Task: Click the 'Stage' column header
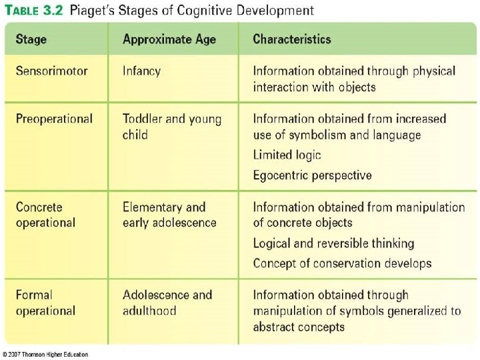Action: click(x=31, y=39)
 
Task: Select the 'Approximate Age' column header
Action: click(x=169, y=39)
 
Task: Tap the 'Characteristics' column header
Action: click(x=292, y=39)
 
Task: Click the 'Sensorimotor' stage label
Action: click(x=52, y=71)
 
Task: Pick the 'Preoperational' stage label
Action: click(x=54, y=119)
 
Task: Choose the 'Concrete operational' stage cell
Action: click(x=45, y=215)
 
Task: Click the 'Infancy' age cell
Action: click(x=141, y=71)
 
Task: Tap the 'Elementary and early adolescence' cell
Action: click(x=169, y=215)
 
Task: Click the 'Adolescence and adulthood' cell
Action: click(x=167, y=303)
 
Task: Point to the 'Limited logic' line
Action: click(x=287, y=155)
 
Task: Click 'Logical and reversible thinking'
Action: click(x=333, y=243)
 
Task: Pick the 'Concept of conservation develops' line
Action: click(x=342, y=263)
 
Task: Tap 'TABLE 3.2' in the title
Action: click(x=33, y=11)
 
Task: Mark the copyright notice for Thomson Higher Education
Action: click(x=45, y=354)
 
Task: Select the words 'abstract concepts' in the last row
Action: click(x=299, y=327)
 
